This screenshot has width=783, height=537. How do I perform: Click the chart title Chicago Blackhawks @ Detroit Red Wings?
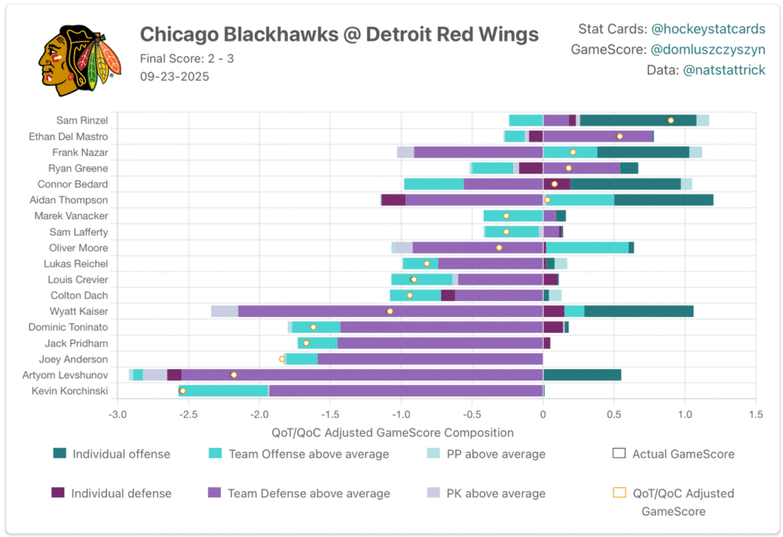[339, 34]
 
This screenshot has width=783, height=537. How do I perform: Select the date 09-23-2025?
[174, 76]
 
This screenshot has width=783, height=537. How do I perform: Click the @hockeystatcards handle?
[708, 29]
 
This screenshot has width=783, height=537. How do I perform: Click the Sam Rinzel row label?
[82, 120]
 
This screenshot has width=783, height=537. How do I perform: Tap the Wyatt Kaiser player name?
[79, 311]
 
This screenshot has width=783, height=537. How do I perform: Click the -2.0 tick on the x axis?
[259, 415]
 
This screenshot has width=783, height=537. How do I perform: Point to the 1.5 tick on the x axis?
[755, 415]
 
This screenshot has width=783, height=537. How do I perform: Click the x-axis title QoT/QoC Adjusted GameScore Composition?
[392, 432]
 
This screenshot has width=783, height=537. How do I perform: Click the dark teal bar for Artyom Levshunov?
[582, 375]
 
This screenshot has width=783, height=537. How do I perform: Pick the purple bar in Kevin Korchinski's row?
[405, 391]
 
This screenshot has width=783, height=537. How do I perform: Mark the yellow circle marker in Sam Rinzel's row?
[671, 120]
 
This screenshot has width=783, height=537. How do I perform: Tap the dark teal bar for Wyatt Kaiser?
[638, 311]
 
